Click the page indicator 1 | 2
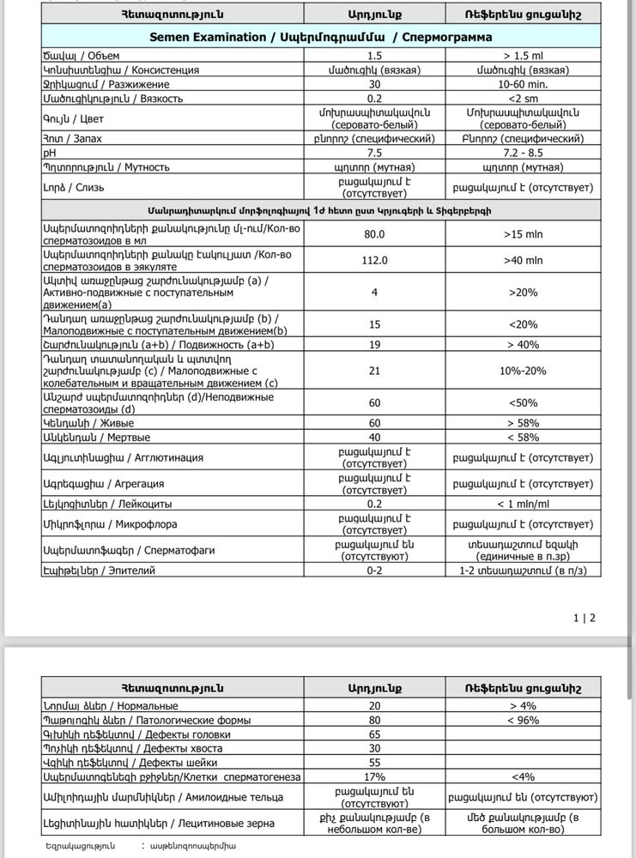pyautogui.click(x=584, y=617)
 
